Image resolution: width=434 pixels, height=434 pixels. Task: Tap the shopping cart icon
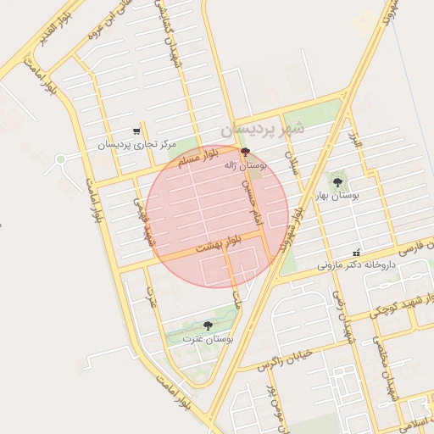pyautogui.click(x=136, y=131)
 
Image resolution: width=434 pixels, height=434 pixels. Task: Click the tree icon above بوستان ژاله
pyautogui.click(x=246, y=153)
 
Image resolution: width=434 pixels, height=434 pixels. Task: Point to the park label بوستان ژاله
pyautogui.click(x=246, y=166)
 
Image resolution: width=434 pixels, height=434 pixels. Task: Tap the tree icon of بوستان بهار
pyautogui.click(x=338, y=182)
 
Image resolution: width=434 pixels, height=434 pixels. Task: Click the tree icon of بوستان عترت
pyautogui.click(x=209, y=325)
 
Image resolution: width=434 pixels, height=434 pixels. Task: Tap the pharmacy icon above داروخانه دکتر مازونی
pyautogui.click(x=357, y=253)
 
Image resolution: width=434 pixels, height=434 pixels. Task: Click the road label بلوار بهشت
pyautogui.click(x=220, y=246)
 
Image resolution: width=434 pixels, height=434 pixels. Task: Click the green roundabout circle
pyautogui.click(x=60, y=159)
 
